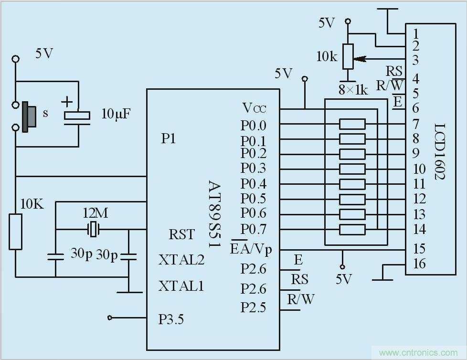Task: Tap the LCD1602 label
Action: pos(440,152)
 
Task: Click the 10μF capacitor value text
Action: pos(116,114)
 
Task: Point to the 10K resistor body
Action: pos(15,232)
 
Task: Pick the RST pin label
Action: pos(182,234)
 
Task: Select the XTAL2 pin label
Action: pos(181,260)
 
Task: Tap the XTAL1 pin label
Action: pos(181,286)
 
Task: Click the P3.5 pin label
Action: pos(171,319)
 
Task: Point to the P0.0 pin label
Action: pos(253,125)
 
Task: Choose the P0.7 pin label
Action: pos(253,229)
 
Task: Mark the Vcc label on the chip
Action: pos(254,108)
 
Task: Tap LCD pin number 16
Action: pos(419,264)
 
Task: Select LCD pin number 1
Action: pos(415,33)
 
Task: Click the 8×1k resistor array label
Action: pos(353,89)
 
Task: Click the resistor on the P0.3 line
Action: pos(352,169)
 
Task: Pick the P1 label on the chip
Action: pos(168,138)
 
